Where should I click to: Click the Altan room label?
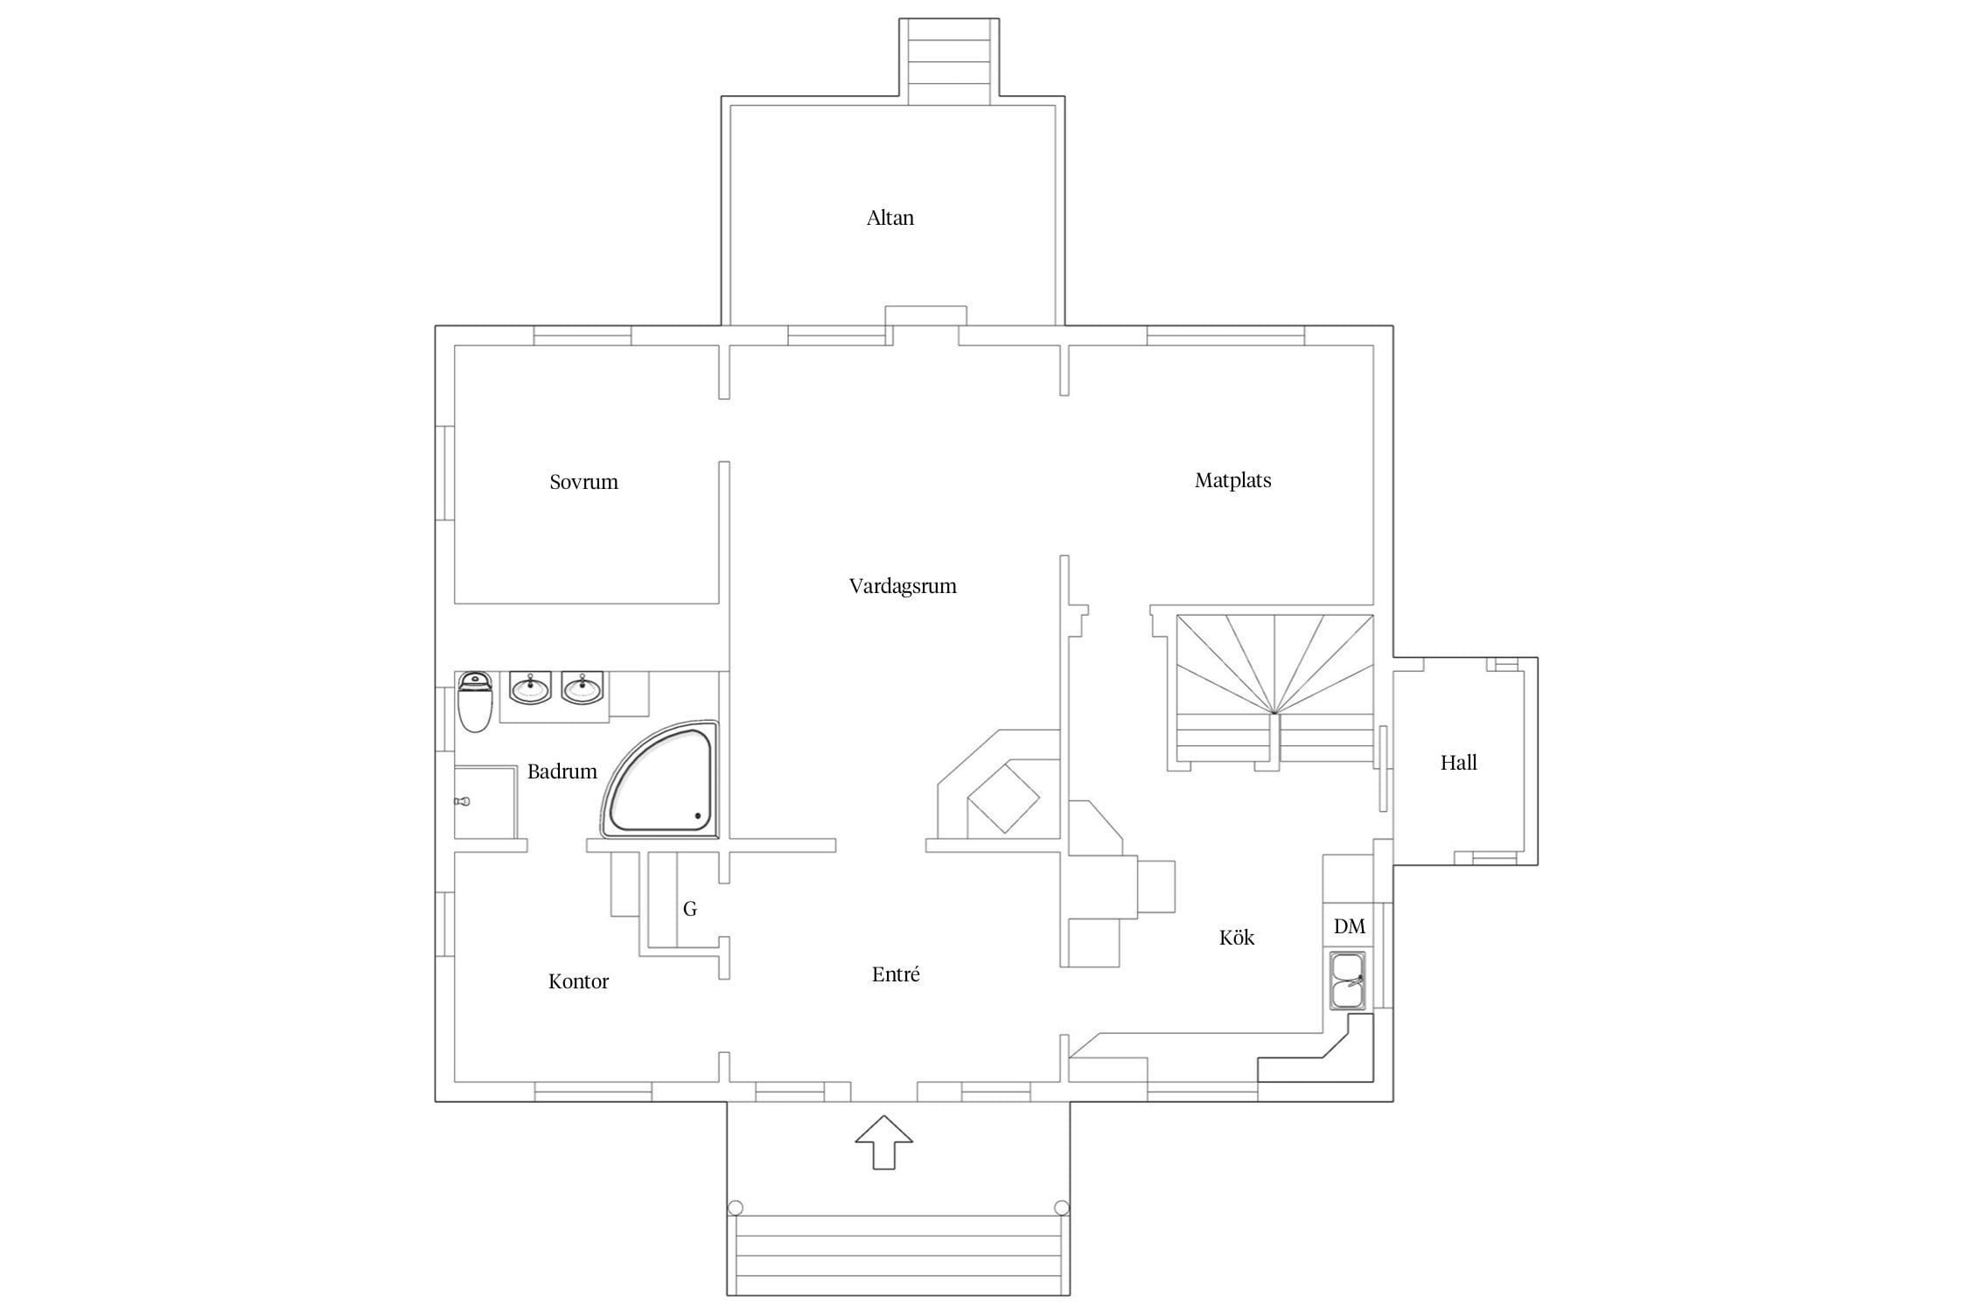(890, 218)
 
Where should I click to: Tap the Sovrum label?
(583, 482)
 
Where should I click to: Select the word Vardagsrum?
(903, 586)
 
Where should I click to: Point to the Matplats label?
(1232, 480)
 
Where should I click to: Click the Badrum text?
(562, 771)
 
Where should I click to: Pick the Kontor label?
(578, 981)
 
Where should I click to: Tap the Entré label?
(896, 974)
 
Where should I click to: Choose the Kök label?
(1237, 938)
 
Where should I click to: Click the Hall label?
(1458, 763)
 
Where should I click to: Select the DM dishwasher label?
(1350, 926)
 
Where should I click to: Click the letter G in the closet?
(690, 910)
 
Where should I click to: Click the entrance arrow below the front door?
(883, 1142)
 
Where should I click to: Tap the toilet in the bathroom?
(475, 701)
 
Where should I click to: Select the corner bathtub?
(659, 779)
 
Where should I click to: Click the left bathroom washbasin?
(530, 687)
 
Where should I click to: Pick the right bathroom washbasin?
(583, 687)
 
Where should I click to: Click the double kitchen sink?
(1347, 981)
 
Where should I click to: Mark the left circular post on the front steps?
(736, 1208)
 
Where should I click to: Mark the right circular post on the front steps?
(1062, 1208)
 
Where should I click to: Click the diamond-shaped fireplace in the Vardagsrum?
(1003, 797)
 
